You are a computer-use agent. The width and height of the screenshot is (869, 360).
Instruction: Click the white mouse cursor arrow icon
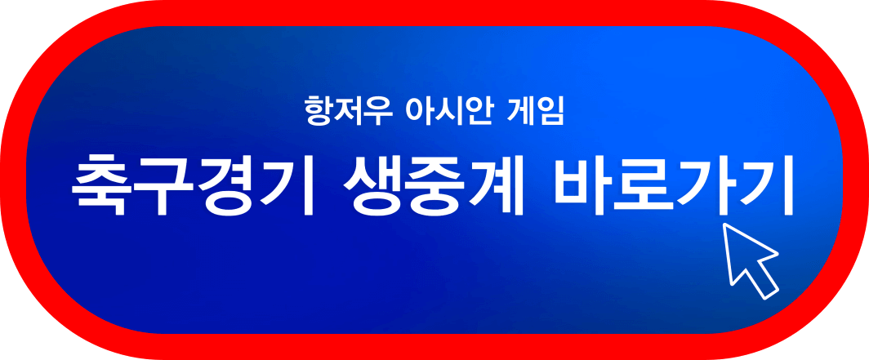coord(750,260)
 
